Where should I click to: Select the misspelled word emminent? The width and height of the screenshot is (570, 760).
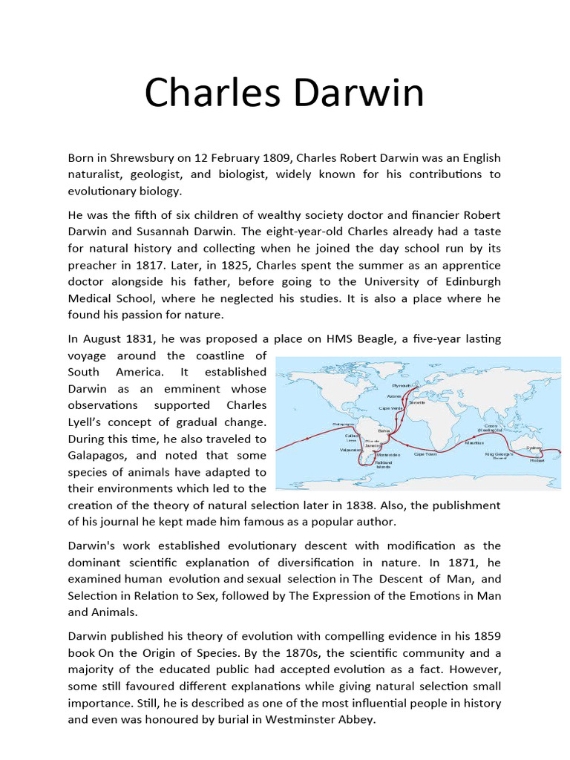187,388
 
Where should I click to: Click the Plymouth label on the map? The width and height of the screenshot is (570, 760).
402,386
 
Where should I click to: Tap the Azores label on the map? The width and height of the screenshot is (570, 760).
394,396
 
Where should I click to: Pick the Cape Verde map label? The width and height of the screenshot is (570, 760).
390,408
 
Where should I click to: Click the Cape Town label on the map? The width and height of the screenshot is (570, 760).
425,454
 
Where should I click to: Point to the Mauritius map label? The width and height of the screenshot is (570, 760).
474,443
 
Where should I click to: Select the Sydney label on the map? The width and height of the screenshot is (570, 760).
534,448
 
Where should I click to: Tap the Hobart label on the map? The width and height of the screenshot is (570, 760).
537,460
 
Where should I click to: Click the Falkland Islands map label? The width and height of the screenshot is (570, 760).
384,465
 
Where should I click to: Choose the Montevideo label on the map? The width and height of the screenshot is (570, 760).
388,454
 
